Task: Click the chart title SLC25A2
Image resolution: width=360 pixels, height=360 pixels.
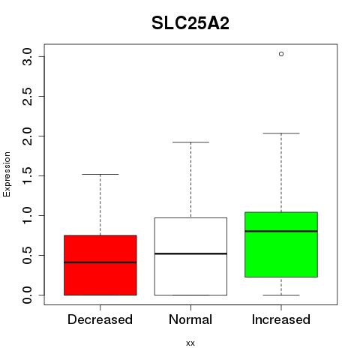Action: pos(190,23)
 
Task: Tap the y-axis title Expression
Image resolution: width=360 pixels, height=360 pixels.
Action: pos(7,174)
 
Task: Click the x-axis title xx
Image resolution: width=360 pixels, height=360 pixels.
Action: pos(190,343)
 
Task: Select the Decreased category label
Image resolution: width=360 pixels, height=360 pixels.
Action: pos(100,319)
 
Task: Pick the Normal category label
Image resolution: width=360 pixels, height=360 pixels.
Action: pos(190,319)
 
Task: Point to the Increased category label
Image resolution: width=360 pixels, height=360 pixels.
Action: pos(281,319)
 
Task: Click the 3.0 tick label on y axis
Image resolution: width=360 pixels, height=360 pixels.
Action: pos(27,57)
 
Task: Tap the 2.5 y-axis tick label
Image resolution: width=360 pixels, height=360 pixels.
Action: pos(27,97)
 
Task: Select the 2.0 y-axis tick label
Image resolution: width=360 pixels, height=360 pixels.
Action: pos(27,136)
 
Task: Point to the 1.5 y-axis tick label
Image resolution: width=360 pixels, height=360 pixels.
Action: pos(27,175)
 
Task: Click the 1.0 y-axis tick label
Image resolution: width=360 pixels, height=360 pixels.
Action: pos(27,215)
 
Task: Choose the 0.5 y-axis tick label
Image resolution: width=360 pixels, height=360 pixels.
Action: pos(27,255)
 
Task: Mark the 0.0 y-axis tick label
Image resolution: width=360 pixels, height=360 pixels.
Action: pos(27,295)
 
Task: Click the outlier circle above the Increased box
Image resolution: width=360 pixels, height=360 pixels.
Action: pos(281,54)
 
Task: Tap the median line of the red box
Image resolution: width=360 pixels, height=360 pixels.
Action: pos(100,262)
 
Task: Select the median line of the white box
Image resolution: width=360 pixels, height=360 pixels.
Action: pos(190,253)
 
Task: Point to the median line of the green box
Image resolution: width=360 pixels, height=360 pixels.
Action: pos(281,231)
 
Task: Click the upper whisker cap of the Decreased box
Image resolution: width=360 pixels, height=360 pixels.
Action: pos(100,174)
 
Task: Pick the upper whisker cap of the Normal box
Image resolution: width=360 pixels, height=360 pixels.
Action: pos(190,142)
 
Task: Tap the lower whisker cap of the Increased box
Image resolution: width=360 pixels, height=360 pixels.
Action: pos(281,295)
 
